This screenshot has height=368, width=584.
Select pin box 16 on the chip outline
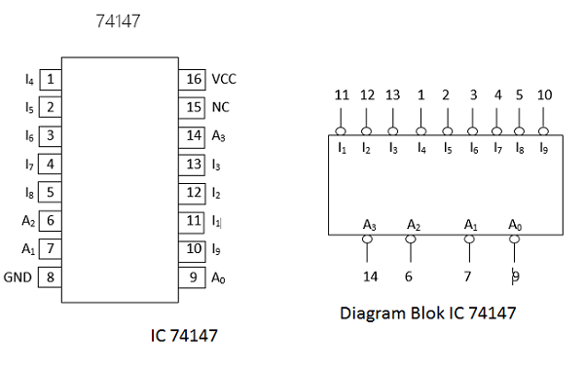coord(192,79)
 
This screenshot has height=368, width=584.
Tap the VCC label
coord(224,79)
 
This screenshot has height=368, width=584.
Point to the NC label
coord(220,107)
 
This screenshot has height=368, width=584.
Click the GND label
coord(18,276)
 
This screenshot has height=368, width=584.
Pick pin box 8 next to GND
coord(49,276)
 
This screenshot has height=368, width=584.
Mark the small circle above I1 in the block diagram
coord(341,130)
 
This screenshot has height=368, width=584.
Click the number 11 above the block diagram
coord(341,95)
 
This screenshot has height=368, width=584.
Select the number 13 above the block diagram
coord(393,95)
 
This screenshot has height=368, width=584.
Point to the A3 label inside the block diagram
coord(369,225)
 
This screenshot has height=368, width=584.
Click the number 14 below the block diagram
coord(370,276)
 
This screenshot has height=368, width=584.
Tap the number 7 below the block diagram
coord(467,276)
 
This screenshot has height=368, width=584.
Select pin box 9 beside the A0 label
coord(192,276)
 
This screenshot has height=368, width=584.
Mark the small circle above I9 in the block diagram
coord(544,130)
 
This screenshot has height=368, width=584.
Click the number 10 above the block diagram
coord(544,95)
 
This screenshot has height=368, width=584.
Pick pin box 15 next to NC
coord(192,107)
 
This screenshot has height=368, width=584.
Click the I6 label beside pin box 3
coord(28,135)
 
